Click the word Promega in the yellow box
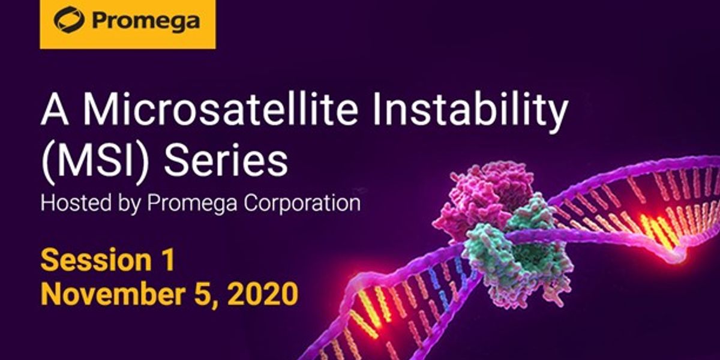146,21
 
